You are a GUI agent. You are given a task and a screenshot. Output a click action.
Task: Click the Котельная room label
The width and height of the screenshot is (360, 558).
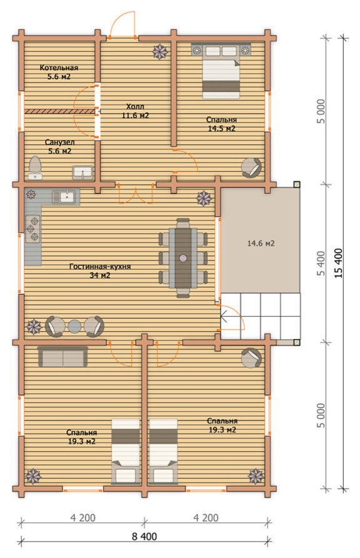tap(59, 67)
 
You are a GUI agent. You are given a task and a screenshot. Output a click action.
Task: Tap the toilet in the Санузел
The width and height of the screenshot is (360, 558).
tap(35, 167)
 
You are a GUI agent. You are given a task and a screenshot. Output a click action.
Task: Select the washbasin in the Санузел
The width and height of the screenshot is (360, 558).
tap(82, 173)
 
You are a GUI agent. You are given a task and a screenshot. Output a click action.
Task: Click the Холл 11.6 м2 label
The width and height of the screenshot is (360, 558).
tap(135, 111)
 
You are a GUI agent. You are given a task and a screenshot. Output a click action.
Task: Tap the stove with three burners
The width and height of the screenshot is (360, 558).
tap(32, 229)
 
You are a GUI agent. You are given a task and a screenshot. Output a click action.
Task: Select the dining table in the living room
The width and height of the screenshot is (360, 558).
tap(183, 257)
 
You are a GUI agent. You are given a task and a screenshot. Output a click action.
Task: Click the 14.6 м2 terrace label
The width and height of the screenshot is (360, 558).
tap(261, 244)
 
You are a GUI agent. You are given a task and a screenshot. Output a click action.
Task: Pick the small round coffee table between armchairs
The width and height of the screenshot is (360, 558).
tap(75, 326)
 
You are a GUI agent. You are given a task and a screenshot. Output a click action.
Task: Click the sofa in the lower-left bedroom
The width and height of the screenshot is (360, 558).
tap(62, 357)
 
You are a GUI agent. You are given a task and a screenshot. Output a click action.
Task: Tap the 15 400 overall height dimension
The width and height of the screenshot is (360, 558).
tap(339, 263)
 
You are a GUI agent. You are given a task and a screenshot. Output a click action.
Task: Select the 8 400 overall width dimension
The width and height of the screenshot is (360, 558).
tap(144, 536)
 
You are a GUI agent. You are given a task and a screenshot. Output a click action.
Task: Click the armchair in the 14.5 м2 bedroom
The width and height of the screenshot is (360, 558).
tap(251, 167)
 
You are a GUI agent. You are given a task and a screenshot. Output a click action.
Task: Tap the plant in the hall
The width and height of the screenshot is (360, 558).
tap(160, 52)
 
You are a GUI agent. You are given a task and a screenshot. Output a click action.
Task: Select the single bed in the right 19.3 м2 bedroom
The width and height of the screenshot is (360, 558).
tap(163, 451)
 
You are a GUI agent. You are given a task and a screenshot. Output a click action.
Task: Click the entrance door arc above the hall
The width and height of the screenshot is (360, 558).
tap(122, 23)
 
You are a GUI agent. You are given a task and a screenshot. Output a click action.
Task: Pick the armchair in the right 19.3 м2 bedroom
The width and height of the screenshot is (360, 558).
tap(251, 357)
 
